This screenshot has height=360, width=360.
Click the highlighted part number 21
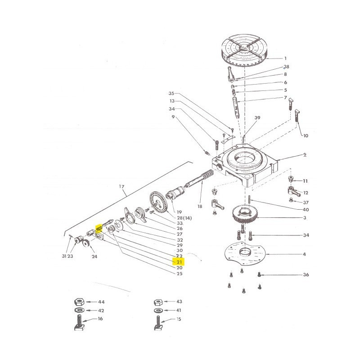click(179, 262)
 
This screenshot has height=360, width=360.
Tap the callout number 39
click(257, 118)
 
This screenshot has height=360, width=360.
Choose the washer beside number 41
click(157, 311)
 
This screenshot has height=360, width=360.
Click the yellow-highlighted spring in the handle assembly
click(99, 229)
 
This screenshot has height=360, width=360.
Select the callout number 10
click(306, 135)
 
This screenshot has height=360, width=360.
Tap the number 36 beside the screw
click(306, 274)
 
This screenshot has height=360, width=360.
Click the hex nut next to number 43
click(157, 301)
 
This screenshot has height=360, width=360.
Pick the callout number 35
click(171, 94)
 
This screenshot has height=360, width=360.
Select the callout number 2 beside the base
click(305, 155)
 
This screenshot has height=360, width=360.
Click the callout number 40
click(306, 210)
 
